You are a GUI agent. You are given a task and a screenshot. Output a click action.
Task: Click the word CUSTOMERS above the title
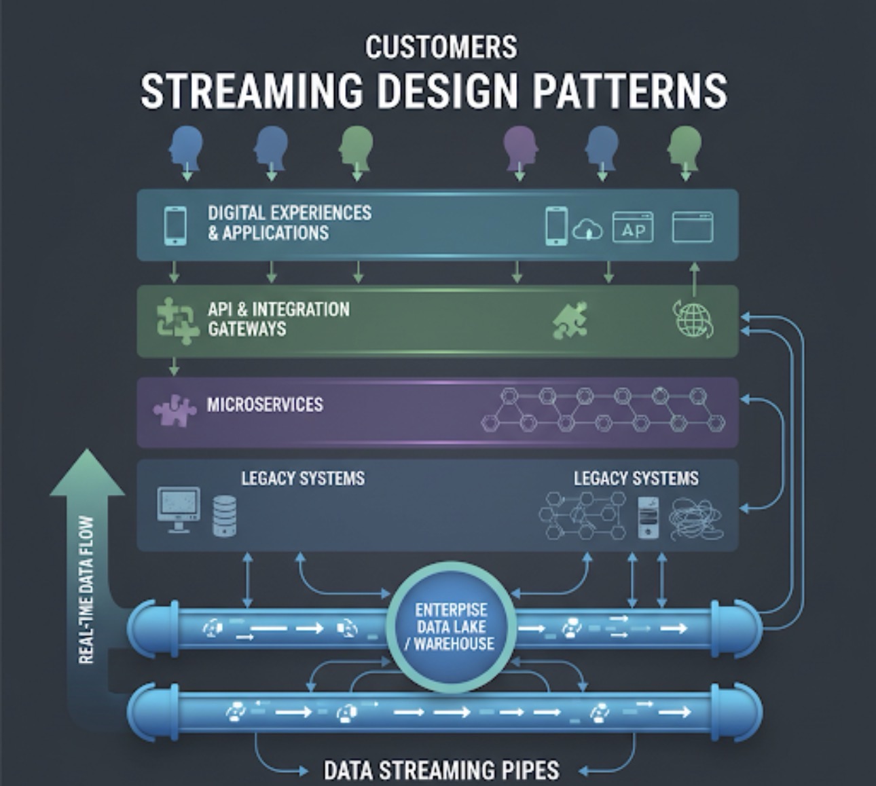[x=441, y=48]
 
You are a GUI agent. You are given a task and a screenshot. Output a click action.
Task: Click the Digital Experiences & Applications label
[x=289, y=223]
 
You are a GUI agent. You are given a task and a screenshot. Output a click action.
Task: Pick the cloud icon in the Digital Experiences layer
[x=587, y=229]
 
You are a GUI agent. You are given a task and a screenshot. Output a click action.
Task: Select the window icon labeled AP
[x=633, y=227]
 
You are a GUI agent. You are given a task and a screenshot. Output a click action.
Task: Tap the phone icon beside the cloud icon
[x=555, y=226]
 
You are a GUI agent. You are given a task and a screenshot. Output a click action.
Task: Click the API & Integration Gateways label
[x=278, y=319]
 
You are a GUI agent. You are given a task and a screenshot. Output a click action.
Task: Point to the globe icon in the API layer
[x=693, y=319]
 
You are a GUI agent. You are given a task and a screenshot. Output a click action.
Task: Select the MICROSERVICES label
[x=265, y=405]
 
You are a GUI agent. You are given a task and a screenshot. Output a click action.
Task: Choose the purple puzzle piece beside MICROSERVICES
[x=175, y=410]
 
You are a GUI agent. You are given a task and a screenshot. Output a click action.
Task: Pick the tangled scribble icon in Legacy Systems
[x=695, y=519]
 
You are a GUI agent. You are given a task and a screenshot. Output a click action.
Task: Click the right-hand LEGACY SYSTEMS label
[x=636, y=479]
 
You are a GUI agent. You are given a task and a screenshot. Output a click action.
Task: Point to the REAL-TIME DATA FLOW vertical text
[x=86, y=590]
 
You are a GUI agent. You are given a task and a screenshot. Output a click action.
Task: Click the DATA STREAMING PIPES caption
[x=441, y=770]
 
